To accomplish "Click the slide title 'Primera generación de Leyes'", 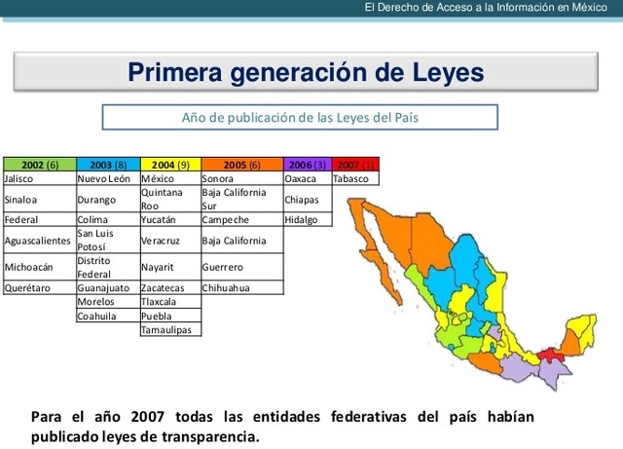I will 306,72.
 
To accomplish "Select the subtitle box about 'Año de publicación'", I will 300,118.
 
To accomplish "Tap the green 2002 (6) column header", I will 40,165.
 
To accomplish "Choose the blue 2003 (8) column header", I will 108,165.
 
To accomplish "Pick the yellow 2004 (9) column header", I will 170,165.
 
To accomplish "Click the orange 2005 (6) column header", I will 242,165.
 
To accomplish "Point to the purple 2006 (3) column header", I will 308,165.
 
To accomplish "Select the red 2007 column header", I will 355,165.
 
